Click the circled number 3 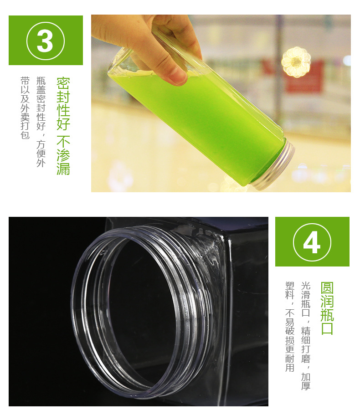coord(46,41)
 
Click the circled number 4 coord(312,242)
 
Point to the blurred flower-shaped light coord(296,62)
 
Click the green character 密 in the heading coord(63,83)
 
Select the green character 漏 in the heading coord(63,169)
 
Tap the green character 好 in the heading coord(63,123)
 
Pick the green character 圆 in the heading coord(327,288)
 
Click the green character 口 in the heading coord(327,328)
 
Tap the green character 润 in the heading coord(327,302)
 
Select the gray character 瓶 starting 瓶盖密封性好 coord(41,81)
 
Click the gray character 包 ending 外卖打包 coord(25,135)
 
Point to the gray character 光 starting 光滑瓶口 coord(306,286)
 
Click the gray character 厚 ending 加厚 coord(306,385)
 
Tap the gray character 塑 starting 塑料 coord(289,286)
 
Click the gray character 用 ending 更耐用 coord(289,368)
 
